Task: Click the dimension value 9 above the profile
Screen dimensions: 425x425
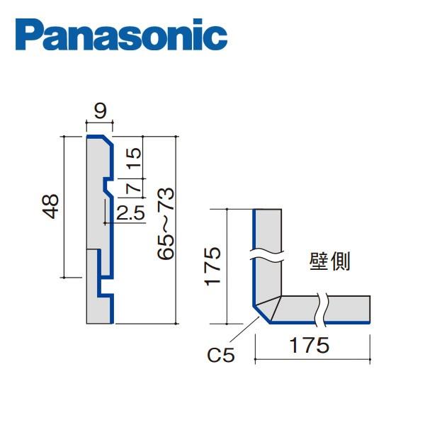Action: click(100, 110)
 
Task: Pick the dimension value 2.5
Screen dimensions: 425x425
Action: click(130, 212)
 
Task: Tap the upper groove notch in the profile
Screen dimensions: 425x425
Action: click(105, 186)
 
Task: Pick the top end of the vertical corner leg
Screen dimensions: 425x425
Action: click(268, 210)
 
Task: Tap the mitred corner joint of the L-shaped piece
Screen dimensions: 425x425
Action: click(267, 309)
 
